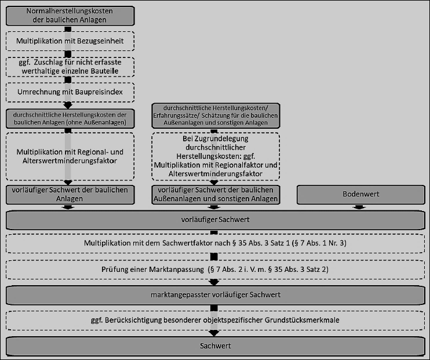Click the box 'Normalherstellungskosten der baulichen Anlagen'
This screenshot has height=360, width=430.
point(70,16)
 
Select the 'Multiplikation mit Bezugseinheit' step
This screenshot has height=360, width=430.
point(70,41)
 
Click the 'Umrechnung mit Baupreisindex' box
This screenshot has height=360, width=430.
point(70,92)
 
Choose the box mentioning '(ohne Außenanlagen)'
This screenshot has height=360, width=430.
point(70,119)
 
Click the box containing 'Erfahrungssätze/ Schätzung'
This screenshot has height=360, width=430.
point(216,115)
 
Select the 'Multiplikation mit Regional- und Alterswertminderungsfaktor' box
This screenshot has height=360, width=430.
point(70,157)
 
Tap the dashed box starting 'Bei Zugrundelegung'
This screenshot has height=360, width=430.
point(216,157)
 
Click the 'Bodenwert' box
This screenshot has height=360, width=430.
point(361,195)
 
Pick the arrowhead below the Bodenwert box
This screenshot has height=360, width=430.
point(359,208)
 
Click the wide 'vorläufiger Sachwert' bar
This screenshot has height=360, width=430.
point(216,220)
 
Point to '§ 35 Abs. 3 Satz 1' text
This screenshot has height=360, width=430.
point(264,243)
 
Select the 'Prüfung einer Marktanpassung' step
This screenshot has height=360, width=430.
point(216,270)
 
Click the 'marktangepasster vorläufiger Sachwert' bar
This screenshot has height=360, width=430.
point(216,295)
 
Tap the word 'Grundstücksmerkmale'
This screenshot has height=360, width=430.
point(302,320)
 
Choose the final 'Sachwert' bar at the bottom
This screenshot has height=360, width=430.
point(216,346)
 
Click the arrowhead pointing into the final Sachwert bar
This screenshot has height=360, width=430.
point(214,333)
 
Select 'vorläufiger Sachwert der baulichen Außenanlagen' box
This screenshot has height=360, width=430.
point(216,195)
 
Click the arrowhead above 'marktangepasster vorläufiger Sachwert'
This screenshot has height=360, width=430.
point(214,282)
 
